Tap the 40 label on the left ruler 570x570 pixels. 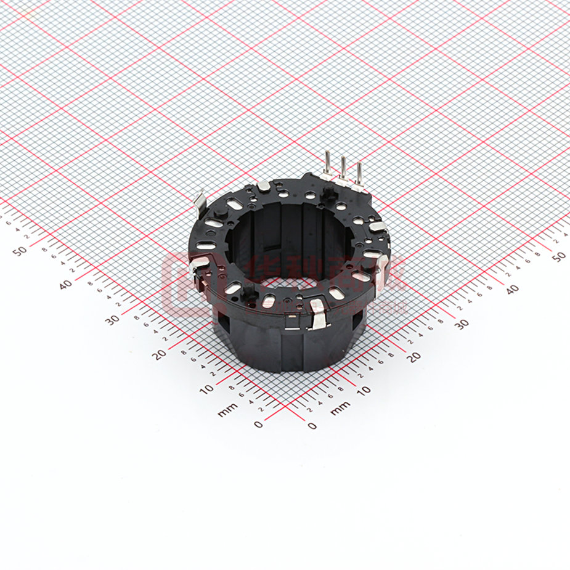(66, 285)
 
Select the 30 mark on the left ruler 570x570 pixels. (112, 319)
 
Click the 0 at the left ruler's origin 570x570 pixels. (258, 424)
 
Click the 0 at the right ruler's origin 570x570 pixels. (312, 425)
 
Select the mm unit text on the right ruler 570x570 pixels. (340, 408)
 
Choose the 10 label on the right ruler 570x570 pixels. (364, 390)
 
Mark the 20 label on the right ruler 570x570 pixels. (413, 356)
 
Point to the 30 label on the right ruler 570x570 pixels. (462, 324)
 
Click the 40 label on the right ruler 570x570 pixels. (511, 290)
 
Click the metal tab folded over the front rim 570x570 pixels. (319, 317)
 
